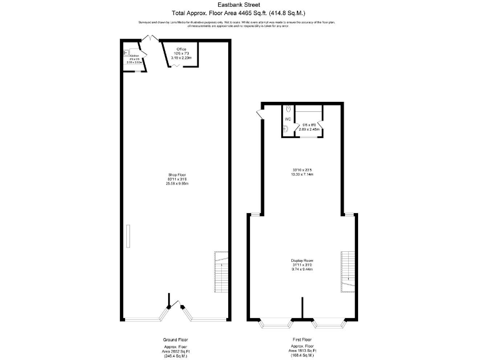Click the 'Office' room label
click(x=181, y=49)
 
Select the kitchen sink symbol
click(x=126, y=53)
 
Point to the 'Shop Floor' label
click(x=177, y=174)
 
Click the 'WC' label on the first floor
click(x=288, y=119)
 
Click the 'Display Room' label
click(x=302, y=260)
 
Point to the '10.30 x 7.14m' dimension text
click(x=302, y=174)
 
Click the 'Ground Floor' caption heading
click(x=175, y=339)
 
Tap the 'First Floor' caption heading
click(x=302, y=339)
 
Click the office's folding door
click(x=177, y=65)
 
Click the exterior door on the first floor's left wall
click(x=259, y=114)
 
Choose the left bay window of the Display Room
click(x=276, y=323)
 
